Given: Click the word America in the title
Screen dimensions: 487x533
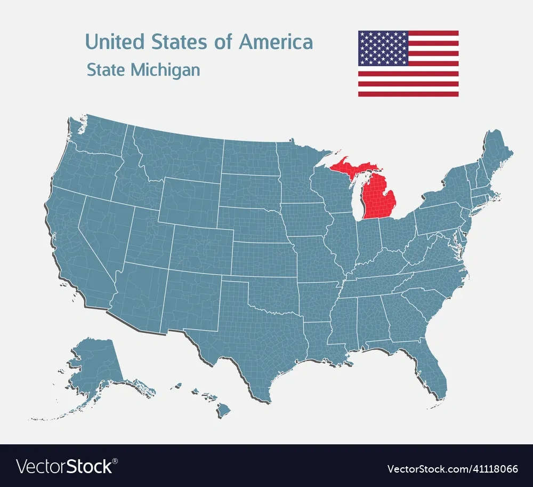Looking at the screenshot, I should pos(276,42).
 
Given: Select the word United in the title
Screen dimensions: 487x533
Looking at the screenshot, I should pos(115,42).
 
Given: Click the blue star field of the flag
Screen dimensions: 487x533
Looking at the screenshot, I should pos(383,48).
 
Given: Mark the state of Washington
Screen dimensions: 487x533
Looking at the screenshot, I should pos(99,136).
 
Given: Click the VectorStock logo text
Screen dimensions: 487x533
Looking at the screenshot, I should pos(65,466).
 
